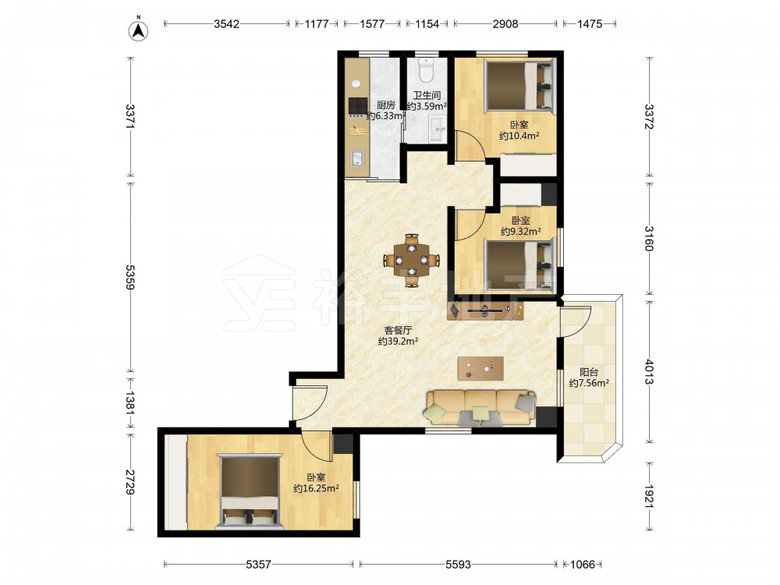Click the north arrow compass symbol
pos(139,30)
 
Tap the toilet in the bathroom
pos(427,69)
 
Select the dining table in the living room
pos(411,261)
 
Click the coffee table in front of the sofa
pos(480,369)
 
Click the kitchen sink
pos(358,158)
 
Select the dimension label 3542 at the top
pos(226,23)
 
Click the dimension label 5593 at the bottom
pos(458,564)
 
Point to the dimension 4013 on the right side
pos(649,371)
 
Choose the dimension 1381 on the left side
pos(129,402)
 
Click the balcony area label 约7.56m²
pos(589,383)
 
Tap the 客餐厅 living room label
pos(398,330)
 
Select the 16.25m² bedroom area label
pos(316,488)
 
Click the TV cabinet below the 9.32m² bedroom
pos(485,310)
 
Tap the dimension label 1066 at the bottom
pos(583,564)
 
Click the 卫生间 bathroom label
pos(427,95)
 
